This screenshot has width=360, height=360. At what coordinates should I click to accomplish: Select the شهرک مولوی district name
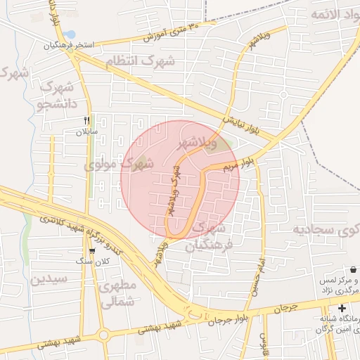coord(119,165)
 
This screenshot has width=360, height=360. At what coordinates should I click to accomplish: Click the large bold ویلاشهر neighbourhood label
coord(203,142)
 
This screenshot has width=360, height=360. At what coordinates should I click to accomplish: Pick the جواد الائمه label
coord(328,14)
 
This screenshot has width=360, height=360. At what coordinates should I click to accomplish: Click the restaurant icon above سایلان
coord(86,120)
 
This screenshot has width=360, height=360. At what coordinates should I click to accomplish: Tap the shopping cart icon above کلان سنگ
coord(92,251)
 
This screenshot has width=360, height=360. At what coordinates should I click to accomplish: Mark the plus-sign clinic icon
coord(342,308)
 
